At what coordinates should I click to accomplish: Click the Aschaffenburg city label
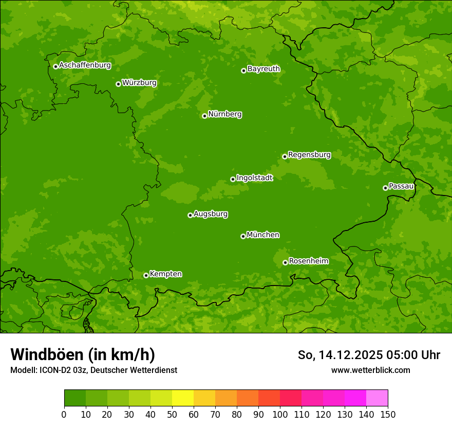(x=85, y=65)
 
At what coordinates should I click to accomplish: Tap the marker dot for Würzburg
(x=118, y=84)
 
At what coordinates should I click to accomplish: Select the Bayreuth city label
(x=263, y=69)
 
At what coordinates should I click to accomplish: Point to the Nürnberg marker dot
(x=204, y=116)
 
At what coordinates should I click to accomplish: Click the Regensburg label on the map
(x=309, y=155)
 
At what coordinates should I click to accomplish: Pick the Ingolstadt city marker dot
(x=233, y=180)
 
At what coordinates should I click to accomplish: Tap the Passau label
(x=401, y=186)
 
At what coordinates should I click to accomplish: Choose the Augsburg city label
(x=211, y=214)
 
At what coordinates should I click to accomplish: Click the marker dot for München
(x=243, y=236)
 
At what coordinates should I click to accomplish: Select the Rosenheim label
(x=308, y=261)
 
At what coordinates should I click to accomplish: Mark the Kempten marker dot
(x=146, y=275)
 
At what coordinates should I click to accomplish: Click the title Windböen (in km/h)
(x=83, y=354)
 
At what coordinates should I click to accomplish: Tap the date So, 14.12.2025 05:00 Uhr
(x=369, y=355)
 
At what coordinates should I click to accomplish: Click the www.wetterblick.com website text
(x=370, y=370)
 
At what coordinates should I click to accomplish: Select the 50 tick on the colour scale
(x=172, y=414)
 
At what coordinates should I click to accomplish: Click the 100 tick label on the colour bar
(x=280, y=414)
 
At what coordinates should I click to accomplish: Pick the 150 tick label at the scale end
(x=388, y=414)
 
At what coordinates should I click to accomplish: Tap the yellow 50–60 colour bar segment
(x=183, y=399)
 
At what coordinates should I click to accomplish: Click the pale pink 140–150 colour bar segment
(x=377, y=399)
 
